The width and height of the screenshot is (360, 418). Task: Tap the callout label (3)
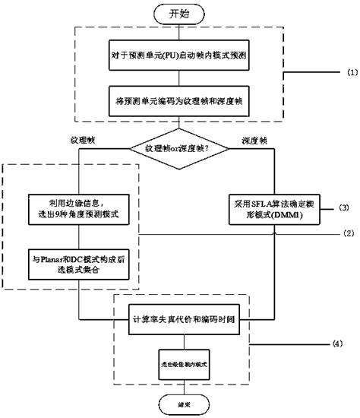pyautogui.click(x=324, y=206)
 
